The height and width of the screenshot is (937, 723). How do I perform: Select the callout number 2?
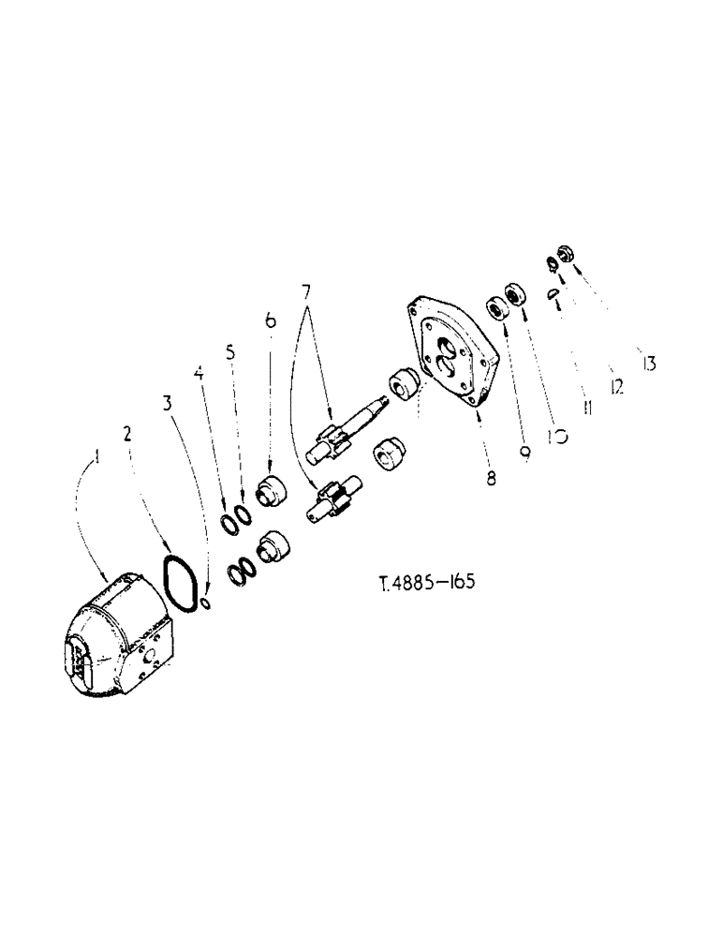(x=128, y=435)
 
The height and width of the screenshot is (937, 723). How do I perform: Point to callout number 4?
(x=199, y=374)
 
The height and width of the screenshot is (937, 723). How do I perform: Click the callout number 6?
(x=270, y=321)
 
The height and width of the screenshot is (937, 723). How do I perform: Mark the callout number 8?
(x=491, y=476)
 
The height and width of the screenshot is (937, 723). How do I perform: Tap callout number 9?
(x=525, y=452)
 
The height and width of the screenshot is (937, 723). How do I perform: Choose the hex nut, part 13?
(x=565, y=252)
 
